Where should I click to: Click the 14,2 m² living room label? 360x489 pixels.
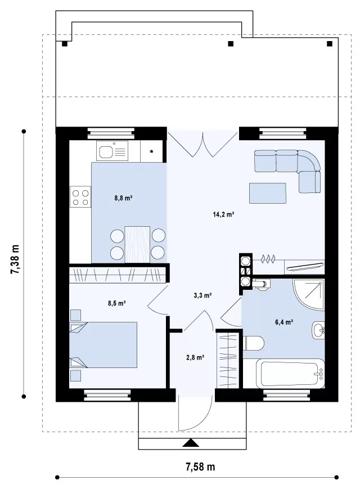pos(223,214)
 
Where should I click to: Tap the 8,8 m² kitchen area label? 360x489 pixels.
pos(124,198)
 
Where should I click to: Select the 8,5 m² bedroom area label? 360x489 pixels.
pos(117,303)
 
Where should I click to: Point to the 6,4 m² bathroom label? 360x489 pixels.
pos(284,322)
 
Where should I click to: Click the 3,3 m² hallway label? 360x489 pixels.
pos(203,295)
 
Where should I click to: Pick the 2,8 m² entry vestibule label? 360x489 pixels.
pos(195,357)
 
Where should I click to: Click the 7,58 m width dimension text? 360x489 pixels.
pos(200,467)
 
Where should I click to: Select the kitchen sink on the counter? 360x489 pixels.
pos(112,151)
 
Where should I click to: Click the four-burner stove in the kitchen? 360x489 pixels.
pos(80,197)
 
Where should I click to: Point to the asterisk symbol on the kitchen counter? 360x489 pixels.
pos(151,152)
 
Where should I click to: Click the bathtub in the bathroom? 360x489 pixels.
pos(290,374)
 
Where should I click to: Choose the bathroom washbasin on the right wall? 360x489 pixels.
pos(318,330)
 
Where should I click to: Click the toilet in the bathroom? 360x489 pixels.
pos(253,343)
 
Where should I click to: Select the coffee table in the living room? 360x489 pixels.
pos(267,194)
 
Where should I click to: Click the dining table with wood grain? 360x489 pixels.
pos(137,244)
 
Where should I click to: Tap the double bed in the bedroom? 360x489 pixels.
pos(103,344)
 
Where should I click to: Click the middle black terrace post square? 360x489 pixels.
pos(231,44)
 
